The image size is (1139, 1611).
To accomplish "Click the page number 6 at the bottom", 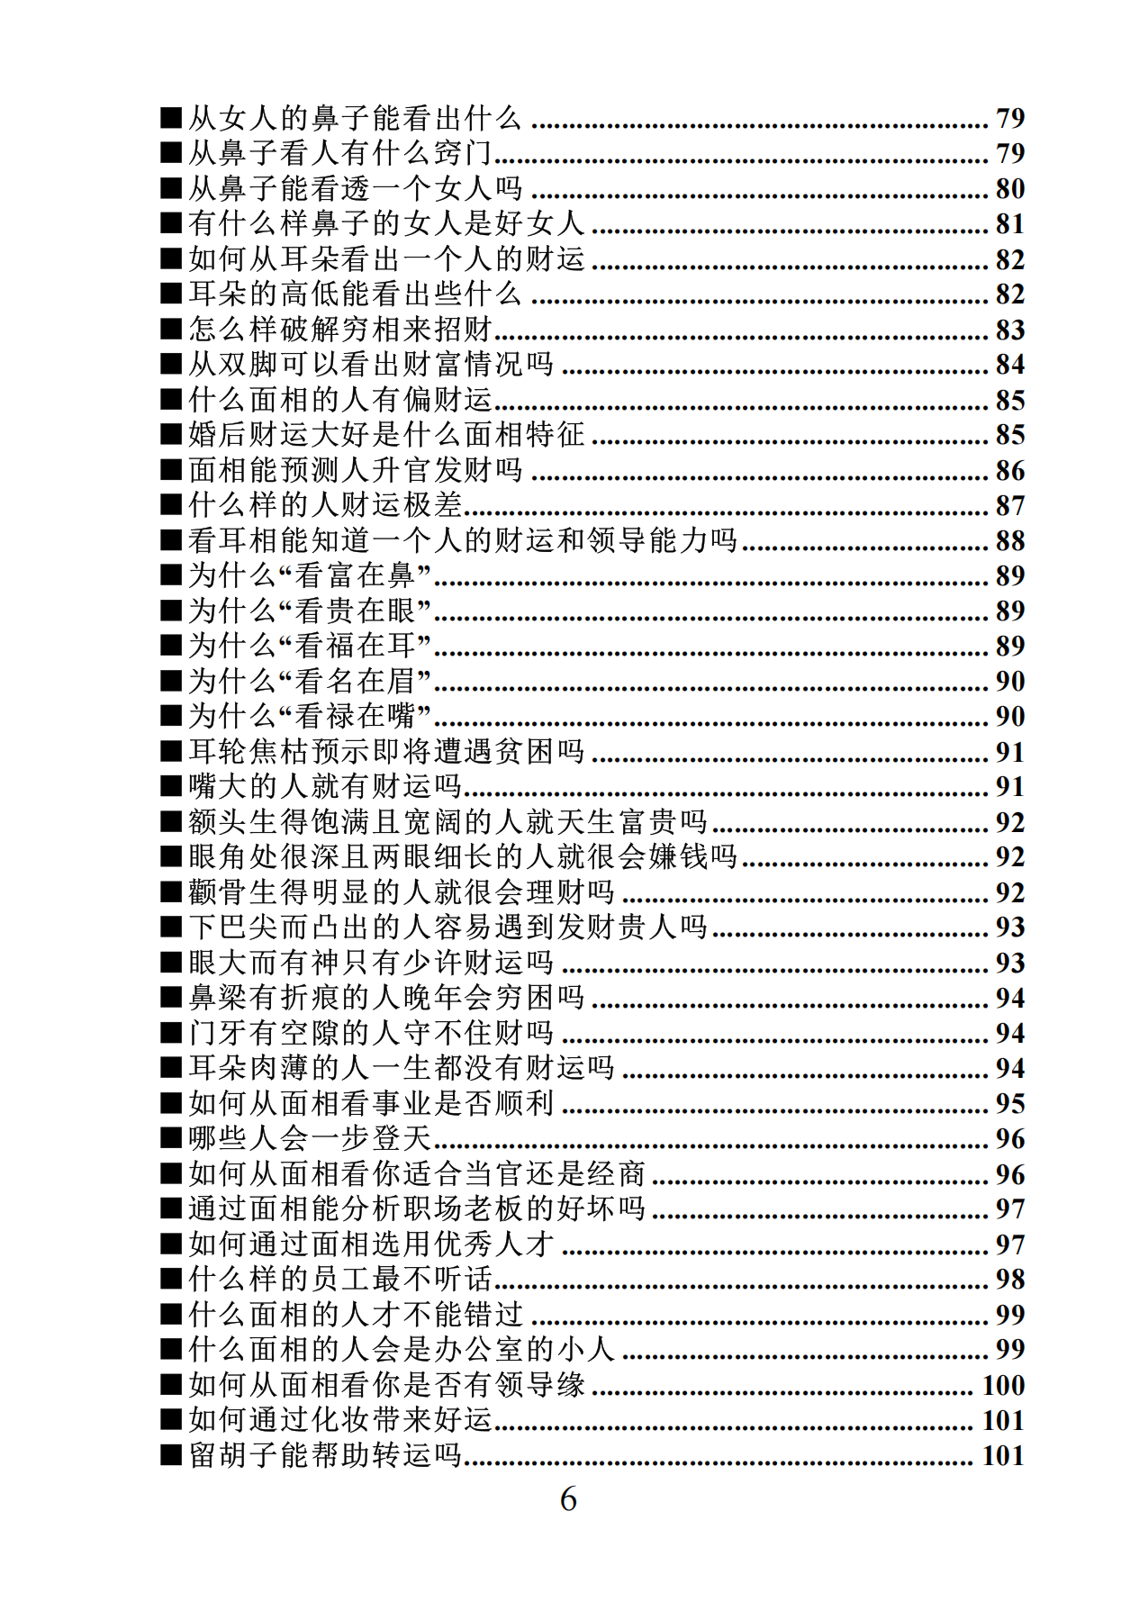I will (568, 1499).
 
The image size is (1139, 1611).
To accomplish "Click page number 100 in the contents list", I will (1003, 1385).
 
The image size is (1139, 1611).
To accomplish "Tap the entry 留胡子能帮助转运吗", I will (325, 1455).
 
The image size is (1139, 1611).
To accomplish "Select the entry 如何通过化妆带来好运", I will (340, 1420).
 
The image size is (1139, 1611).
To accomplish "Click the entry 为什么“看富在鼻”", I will (310, 575).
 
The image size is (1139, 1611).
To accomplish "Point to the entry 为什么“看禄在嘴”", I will (310, 716).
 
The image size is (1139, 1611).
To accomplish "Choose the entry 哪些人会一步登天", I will (310, 1138).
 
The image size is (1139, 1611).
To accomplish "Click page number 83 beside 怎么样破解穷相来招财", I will (1009, 330).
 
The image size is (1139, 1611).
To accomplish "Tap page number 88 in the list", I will (1009, 540).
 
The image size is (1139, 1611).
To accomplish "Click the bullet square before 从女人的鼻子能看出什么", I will (171, 118).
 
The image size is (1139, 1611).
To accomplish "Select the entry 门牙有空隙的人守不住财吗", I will (371, 1033).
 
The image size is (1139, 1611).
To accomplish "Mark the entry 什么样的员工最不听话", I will (340, 1279).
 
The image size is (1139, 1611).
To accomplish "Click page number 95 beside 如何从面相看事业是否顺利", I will (1009, 1103).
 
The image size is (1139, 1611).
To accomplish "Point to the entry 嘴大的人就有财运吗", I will (325, 786).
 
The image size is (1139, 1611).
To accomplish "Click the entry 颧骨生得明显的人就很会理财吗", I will (402, 892).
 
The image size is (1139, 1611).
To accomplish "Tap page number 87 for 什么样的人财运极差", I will (1009, 505).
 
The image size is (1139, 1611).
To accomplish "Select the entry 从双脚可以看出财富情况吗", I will (371, 364).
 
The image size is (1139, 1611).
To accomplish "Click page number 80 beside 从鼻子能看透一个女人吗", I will (1009, 188).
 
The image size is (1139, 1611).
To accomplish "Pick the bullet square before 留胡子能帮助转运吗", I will (171, 1455).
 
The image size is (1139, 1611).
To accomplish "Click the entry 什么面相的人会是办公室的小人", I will (402, 1349).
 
